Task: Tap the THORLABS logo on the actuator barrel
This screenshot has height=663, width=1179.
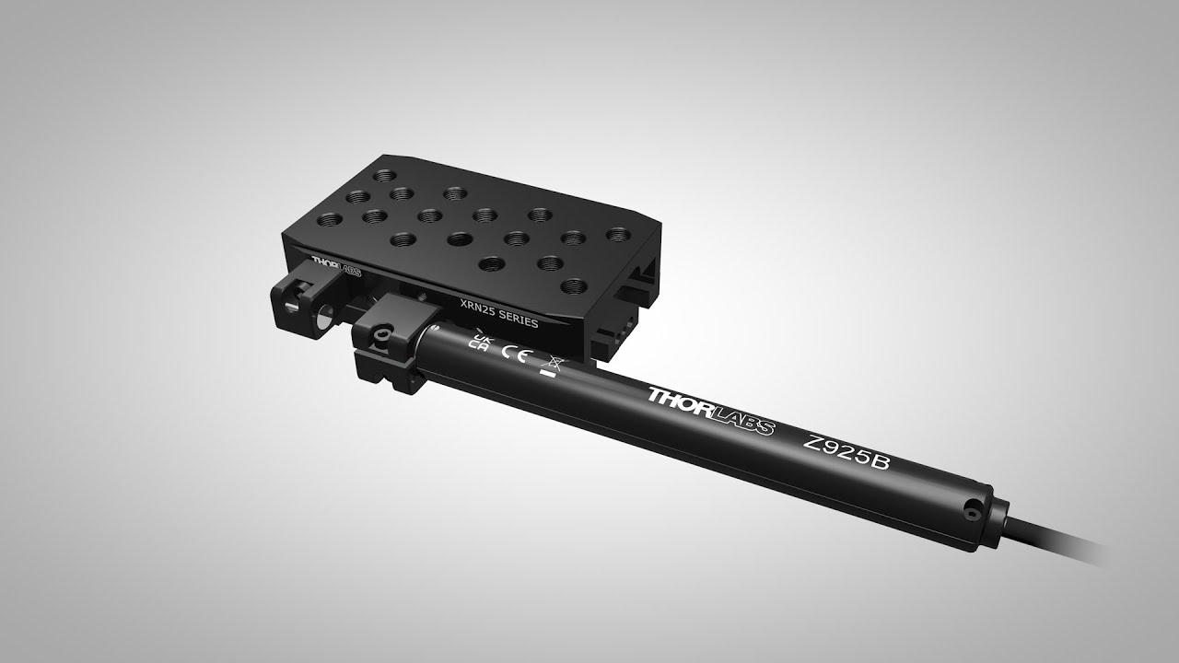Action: (x=710, y=411)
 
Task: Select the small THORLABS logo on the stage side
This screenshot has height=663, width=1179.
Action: (x=337, y=266)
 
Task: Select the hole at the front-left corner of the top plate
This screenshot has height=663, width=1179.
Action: (x=330, y=219)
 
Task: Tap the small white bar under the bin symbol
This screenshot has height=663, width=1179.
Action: (x=548, y=376)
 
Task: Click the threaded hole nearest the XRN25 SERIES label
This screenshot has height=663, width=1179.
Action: (x=491, y=262)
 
